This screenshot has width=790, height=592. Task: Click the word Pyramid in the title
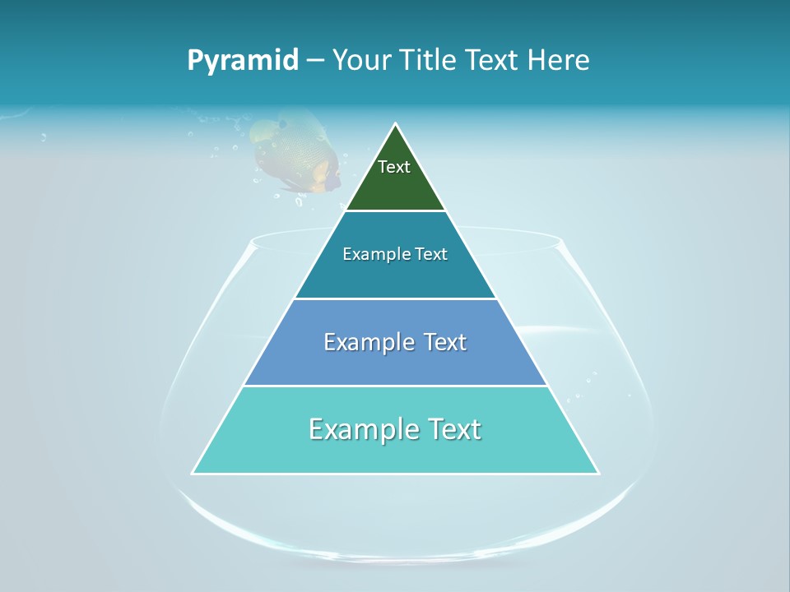[242, 61]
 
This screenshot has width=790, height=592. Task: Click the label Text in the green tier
[394, 167]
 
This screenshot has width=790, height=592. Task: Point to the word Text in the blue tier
[440, 342]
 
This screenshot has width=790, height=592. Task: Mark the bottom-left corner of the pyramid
[193, 473]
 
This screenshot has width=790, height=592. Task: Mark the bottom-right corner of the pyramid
[598, 473]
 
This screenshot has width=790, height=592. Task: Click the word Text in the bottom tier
[451, 429]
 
